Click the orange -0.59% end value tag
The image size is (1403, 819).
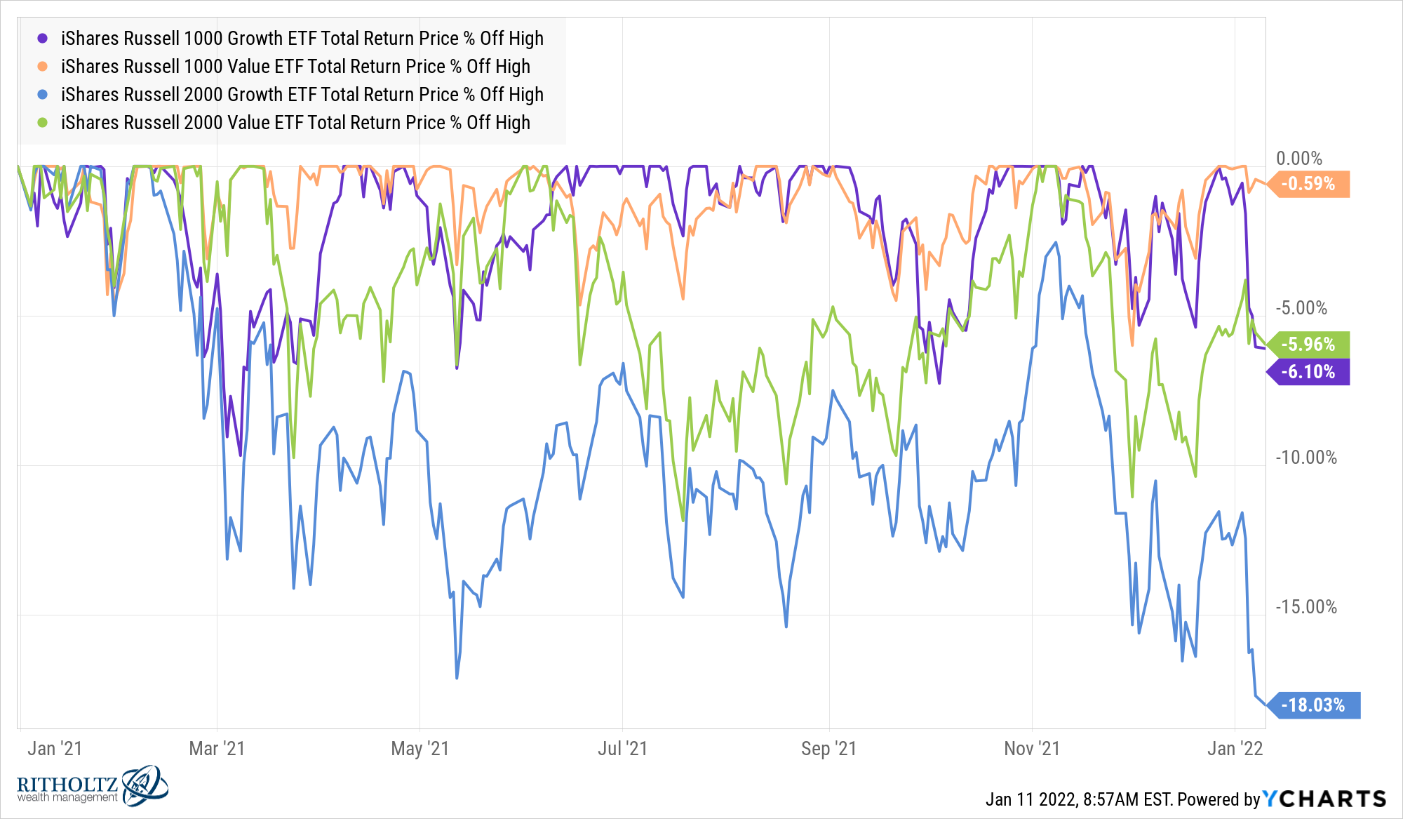1309,184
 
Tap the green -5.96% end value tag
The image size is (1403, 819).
1309,345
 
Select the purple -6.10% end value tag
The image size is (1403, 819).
1309,372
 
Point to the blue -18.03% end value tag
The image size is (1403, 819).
1314,705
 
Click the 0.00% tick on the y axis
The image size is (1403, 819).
1298,159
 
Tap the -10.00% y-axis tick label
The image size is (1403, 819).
1306,458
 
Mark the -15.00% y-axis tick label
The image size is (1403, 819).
1306,607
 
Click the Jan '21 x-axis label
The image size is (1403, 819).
55,749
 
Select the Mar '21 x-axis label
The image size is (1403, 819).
217,749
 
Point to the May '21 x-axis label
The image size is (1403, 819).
419,749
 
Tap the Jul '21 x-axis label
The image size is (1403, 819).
622,749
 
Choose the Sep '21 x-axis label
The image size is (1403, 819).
828,749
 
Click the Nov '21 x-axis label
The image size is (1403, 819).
1031,749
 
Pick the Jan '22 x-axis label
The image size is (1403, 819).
1235,749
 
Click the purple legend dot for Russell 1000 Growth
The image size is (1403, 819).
43,39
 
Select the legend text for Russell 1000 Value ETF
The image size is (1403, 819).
295,67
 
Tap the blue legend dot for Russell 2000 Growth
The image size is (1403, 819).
43,95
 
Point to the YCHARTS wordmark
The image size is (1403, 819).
1324,799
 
